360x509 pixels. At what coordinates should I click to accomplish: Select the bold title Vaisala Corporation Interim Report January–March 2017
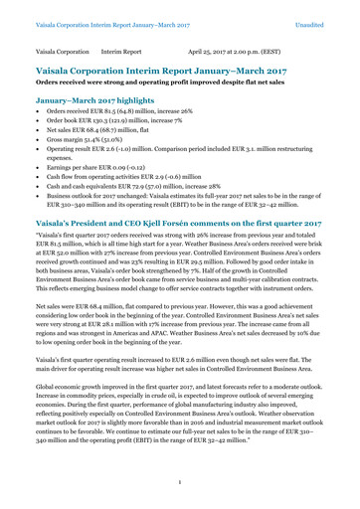pos(169,73)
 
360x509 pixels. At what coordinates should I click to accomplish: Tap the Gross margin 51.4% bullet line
pos(87,154)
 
